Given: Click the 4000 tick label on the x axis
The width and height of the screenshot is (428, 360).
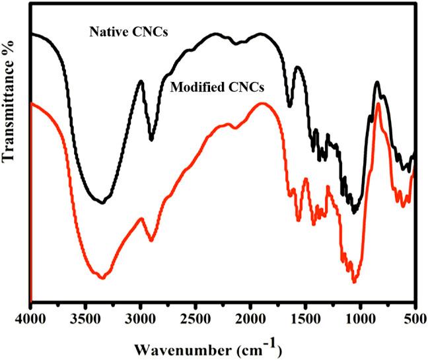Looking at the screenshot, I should (31, 320).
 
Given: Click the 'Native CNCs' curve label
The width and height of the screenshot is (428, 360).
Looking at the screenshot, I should (127, 31).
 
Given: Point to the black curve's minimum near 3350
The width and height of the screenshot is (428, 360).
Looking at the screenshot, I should (102, 203).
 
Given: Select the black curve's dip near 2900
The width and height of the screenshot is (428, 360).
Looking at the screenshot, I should (151, 139).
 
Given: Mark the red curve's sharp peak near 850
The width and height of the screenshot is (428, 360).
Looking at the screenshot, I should (378, 104).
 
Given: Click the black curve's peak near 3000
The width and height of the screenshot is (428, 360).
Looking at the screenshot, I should (141, 81).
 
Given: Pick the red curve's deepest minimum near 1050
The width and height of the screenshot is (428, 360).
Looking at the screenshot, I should (354, 282).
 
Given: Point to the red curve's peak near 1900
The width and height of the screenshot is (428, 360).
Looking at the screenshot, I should (262, 103).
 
